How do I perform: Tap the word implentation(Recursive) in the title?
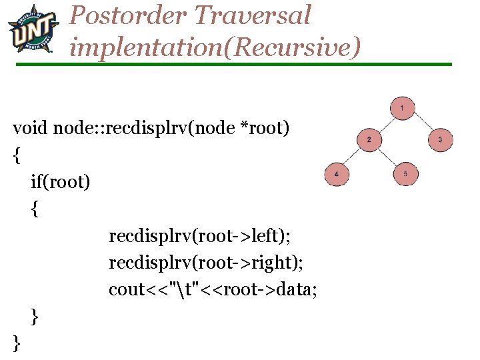(215, 46)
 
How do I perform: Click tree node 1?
(403, 107)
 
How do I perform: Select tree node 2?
(369, 139)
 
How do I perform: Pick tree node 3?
(440, 139)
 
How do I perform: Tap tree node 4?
(336, 174)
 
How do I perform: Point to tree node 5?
(405, 174)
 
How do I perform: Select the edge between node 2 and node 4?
(353, 157)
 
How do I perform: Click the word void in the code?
(30, 127)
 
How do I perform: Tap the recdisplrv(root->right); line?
(206, 263)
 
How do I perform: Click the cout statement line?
(213, 290)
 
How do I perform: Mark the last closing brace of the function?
(17, 343)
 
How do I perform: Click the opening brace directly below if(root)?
(35, 209)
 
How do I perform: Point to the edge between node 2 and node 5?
(387, 157)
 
